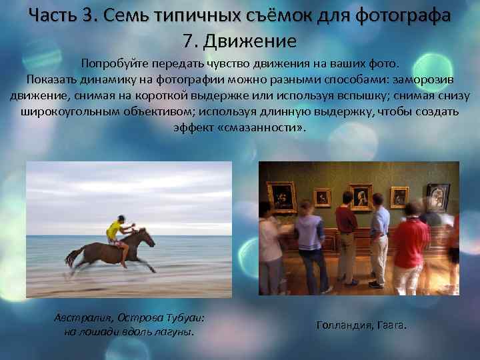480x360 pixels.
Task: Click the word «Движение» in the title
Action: (249, 41)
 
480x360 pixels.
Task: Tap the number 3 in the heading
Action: (100, 14)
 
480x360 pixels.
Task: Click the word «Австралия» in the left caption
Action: (81, 317)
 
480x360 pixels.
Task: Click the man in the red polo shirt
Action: (411, 243)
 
